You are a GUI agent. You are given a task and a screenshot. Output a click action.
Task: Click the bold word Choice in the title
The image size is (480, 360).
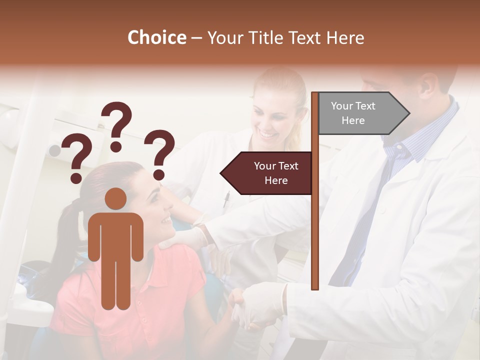(156, 37)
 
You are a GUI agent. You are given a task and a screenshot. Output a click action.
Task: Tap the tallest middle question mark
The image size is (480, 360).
(116, 125)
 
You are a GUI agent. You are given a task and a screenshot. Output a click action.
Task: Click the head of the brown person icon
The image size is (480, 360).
(116, 199)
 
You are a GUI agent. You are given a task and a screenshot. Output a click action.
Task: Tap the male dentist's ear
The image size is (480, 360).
(425, 84)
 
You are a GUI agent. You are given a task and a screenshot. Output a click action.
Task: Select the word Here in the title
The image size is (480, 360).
(345, 37)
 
